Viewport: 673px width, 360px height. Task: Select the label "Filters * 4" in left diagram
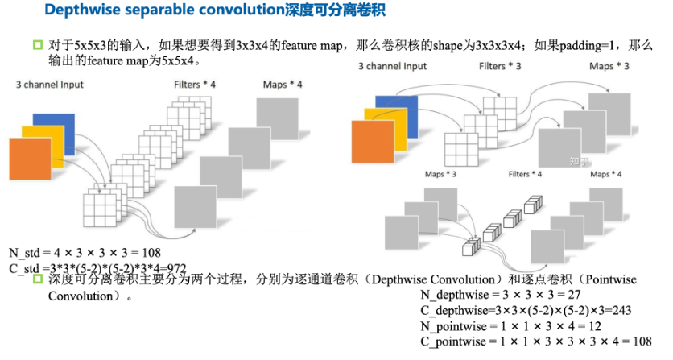[194, 84]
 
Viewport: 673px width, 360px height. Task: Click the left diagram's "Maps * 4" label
[282, 84]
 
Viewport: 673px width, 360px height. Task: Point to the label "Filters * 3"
[500, 67]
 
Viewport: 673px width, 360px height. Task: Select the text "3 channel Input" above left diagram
[49, 84]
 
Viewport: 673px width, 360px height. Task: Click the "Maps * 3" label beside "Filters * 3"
[609, 67]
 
